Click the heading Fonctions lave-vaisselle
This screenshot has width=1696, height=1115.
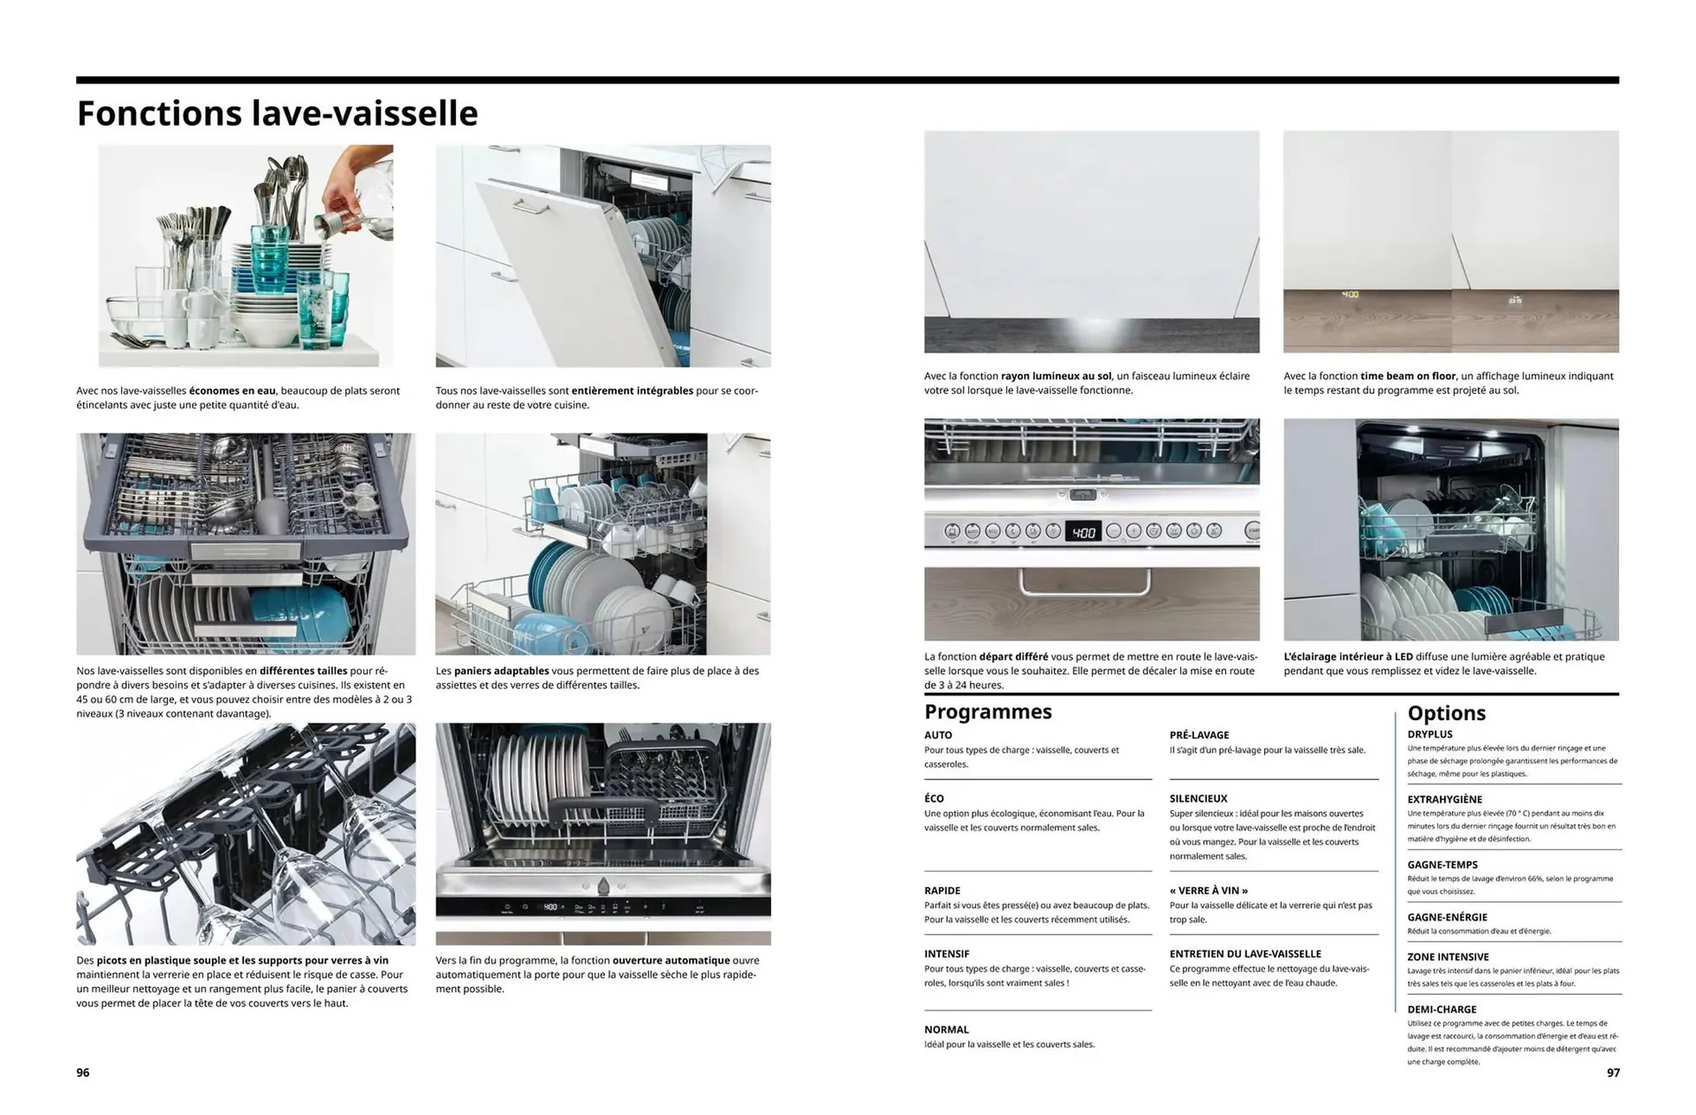click(276, 114)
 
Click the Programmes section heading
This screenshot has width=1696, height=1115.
click(988, 712)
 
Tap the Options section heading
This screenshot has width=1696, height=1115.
click(1446, 713)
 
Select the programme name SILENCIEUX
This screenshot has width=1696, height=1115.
click(1198, 799)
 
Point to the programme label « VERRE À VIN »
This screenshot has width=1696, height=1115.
click(1208, 891)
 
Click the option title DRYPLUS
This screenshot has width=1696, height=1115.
click(1429, 734)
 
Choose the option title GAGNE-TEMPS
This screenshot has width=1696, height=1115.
click(1442, 865)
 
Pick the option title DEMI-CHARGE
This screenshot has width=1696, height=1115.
click(1442, 1009)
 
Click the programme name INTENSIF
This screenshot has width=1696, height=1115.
click(946, 954)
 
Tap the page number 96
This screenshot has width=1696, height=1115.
click(83, 1073)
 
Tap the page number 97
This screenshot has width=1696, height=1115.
click(1613, 1073)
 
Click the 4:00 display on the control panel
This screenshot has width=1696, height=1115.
click(1083, 532)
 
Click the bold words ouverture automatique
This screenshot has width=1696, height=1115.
click(670, 960)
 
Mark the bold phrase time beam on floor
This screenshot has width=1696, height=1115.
click(1407, 376)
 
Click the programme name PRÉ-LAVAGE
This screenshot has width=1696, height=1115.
click(1199, 735)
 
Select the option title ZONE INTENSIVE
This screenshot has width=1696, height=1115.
click(1448, 957)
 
